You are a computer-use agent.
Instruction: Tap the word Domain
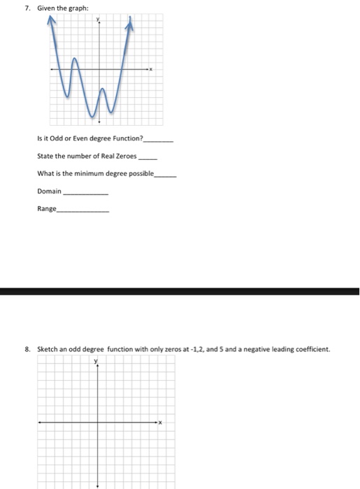coord(48,191)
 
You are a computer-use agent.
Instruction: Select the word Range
coord(47,208)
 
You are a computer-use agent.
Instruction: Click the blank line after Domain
coord(85,192)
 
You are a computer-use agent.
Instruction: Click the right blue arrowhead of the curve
coord(129,25)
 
